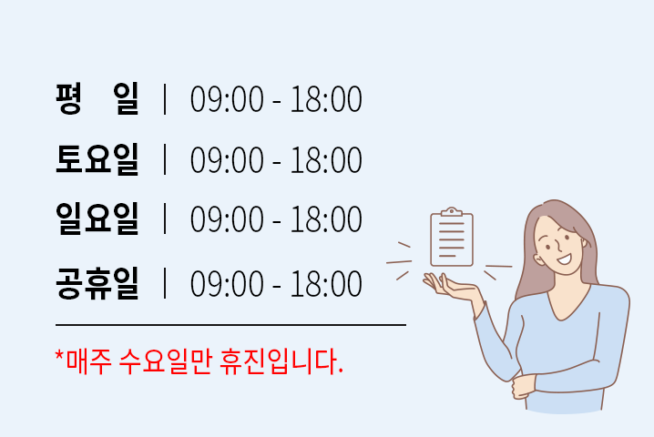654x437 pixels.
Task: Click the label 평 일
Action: pos(97,99)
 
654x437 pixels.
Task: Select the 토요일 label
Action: pos(97,159)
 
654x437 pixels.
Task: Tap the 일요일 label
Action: pos(97,218)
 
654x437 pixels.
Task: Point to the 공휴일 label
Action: pos(97,283)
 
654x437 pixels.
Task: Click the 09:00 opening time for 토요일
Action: pos(227,159)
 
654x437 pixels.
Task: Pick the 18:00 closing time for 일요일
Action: pos(326,218)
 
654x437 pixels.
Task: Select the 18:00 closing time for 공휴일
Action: pos(326,284)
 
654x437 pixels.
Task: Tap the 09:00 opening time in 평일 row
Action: pos(227,99)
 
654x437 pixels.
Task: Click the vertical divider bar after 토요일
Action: pos(165,159)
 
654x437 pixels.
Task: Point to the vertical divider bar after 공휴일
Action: pos(165,283)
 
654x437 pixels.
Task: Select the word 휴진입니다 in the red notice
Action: pos(281,361)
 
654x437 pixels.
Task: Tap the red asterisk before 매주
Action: pos(59,357)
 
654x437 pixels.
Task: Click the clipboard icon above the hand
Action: pos(452,237)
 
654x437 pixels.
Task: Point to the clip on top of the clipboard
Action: pos(452,212)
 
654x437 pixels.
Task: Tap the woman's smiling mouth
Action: pos(565,259)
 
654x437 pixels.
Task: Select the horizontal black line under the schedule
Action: pos(230,324)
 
